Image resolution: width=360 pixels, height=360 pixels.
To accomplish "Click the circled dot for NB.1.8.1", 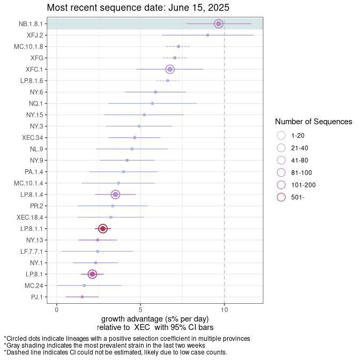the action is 219,24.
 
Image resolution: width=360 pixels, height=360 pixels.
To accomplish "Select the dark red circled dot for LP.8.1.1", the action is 103,229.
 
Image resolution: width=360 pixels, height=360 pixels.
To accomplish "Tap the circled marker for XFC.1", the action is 170,69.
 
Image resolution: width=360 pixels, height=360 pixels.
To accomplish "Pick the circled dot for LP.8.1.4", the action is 116,194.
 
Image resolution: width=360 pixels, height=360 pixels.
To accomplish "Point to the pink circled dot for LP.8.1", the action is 92,274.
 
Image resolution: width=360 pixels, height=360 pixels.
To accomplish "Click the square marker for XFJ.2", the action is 207,35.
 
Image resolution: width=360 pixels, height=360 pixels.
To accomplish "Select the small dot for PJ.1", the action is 82,297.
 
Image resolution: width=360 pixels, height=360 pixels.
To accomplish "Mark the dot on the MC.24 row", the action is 84,286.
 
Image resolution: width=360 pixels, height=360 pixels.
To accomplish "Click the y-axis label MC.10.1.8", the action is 28,47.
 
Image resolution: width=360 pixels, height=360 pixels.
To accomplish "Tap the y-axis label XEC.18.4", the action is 30,217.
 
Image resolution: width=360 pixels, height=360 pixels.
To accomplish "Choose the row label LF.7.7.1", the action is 32,251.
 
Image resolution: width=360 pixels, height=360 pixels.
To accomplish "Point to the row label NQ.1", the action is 36,103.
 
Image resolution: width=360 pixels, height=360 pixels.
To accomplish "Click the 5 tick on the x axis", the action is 140,310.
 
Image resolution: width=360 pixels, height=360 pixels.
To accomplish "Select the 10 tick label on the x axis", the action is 224,310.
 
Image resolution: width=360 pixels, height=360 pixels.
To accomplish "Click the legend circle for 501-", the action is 281,197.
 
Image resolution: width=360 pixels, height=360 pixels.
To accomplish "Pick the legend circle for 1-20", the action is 281,136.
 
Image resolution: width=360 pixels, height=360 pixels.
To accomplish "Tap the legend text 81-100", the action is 302,172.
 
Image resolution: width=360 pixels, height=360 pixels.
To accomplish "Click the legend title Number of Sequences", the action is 313,122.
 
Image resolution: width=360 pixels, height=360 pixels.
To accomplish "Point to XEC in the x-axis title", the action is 142,327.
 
